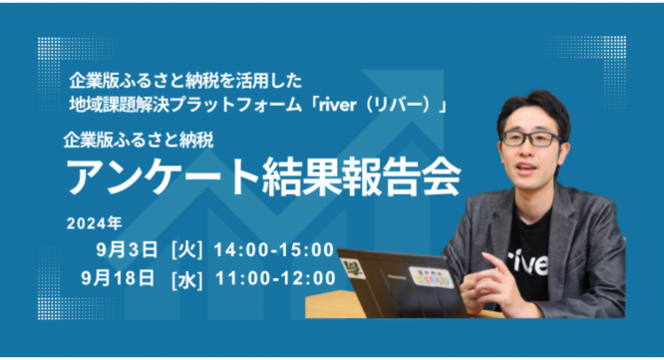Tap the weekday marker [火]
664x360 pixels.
point(187,247)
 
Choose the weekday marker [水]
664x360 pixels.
point(187,276)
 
